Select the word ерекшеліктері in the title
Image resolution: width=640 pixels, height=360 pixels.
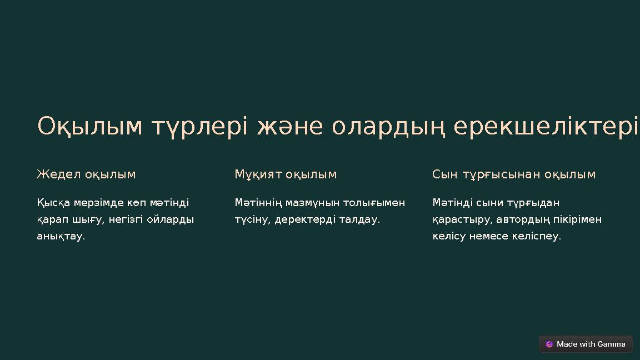pos(546,127)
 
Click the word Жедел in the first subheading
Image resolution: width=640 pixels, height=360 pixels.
pos(59,174)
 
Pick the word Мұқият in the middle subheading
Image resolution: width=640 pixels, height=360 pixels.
pos(258,174)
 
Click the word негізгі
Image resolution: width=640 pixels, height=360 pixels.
pos(126,219)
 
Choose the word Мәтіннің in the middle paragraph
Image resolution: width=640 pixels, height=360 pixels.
pos(258,203)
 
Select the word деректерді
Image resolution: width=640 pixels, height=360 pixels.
pos(305,219)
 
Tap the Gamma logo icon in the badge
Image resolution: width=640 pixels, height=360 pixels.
pos(549,344)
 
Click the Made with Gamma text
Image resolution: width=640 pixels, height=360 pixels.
pos(591,344)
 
